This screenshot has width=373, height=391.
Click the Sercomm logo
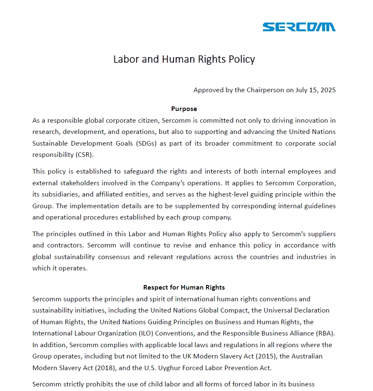tap(299, 27)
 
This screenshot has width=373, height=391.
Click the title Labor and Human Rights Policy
tap(184, 59)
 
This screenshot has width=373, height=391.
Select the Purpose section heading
tap(184, 109)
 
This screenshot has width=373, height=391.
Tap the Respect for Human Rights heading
tap(184, 288)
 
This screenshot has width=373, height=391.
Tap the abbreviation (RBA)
tap(325, 333)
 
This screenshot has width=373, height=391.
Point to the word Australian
tap(308, 356)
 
